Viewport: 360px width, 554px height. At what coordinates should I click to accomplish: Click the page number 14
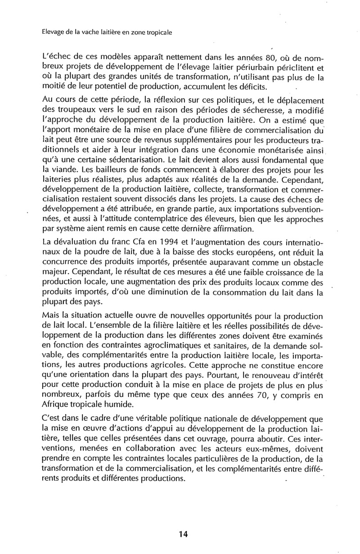[183, 534]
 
